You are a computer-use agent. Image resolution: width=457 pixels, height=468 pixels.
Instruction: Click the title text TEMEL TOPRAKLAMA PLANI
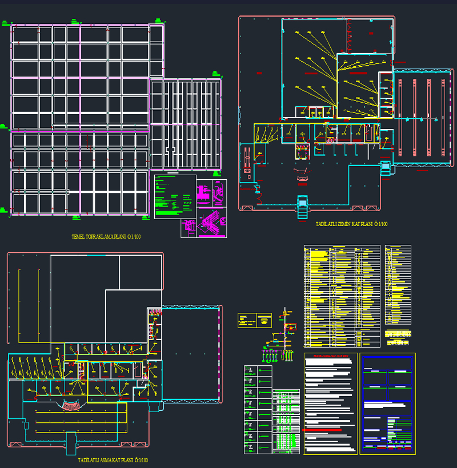click(106, 236)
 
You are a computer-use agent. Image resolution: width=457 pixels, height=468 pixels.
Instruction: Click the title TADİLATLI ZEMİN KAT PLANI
click(351, 224)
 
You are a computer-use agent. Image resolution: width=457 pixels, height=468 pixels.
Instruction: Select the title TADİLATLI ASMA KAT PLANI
click(113, 460)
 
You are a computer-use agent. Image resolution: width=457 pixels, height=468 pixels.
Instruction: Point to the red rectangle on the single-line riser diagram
click(291, 327)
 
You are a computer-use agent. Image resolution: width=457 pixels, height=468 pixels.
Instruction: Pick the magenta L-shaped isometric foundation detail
click(211, 223)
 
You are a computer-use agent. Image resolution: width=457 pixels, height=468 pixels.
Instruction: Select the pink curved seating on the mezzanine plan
click(71, 405)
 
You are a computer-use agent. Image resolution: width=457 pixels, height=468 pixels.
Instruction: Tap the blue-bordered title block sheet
click(387, 404)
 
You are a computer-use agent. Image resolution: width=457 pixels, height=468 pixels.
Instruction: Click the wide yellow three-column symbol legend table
click(342, 296)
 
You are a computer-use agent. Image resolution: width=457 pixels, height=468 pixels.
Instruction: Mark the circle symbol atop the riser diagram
click(284, 313)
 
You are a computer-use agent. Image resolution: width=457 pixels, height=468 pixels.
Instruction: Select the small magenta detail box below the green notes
click(188, 228)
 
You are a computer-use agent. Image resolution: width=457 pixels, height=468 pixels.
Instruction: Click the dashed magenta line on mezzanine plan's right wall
click(220, 354)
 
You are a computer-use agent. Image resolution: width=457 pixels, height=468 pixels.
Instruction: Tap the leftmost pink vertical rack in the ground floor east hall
click(400, 114)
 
